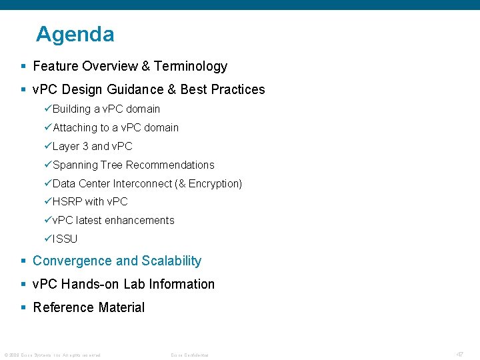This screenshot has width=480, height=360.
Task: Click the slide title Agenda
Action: pos(75,34)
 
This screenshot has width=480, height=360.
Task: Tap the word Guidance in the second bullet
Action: pos(145,89)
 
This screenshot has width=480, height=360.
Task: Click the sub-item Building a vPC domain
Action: pos(106,109)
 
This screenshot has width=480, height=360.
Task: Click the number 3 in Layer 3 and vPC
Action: pos(85,146)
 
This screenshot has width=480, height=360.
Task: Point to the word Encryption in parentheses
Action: pos(213,183)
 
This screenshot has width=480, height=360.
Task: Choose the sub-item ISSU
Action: pos(65,239)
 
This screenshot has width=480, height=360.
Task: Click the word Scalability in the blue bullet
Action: pos(171,261)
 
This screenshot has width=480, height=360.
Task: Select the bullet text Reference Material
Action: pos(89,307)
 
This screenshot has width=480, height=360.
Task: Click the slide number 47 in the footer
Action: pos(460,354)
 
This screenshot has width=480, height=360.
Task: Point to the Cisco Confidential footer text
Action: pos(190,355)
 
